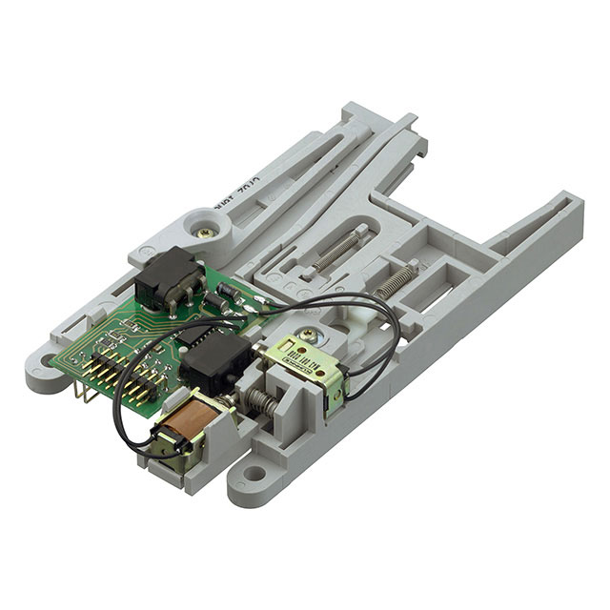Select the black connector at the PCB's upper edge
pyautogui.click(x=169, y=277)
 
